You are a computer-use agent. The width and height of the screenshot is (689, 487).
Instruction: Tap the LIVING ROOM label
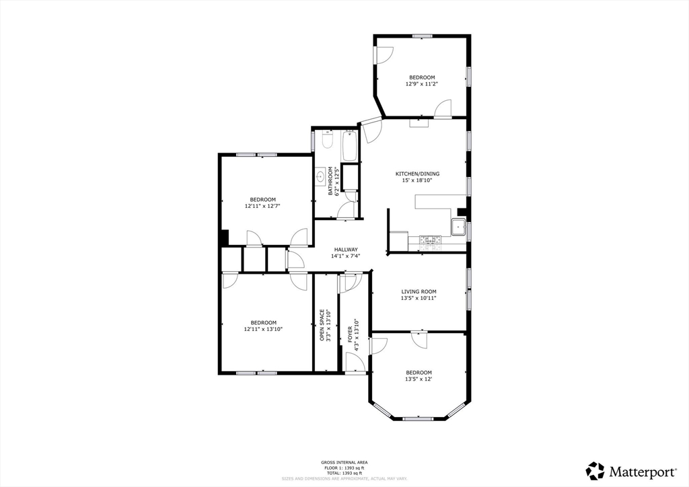[x=419, y=291]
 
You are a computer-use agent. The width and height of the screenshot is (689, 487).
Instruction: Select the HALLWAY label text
[x=346, y=250]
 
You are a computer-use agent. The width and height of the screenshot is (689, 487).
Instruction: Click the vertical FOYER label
[x=350, y=331]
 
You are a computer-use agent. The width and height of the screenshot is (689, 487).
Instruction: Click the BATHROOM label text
[x=330, y=182]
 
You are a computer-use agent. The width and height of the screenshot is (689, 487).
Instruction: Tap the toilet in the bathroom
[x=325, y=142]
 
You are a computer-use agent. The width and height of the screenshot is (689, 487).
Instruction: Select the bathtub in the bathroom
[x=351, y=146]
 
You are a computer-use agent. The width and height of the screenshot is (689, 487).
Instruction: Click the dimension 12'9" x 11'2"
[x=421, y=84]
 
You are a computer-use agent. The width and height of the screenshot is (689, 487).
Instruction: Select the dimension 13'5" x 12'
[x=419, y=379]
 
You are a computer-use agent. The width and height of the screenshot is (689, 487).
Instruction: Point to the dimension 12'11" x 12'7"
[x=262, y=207]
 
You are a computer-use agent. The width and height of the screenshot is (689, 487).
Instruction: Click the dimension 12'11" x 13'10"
[x=263, y=330]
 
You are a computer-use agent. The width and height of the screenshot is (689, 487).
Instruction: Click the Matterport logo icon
[x=595, y=470]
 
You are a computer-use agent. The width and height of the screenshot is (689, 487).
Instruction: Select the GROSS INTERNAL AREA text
[x=344, y=462]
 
